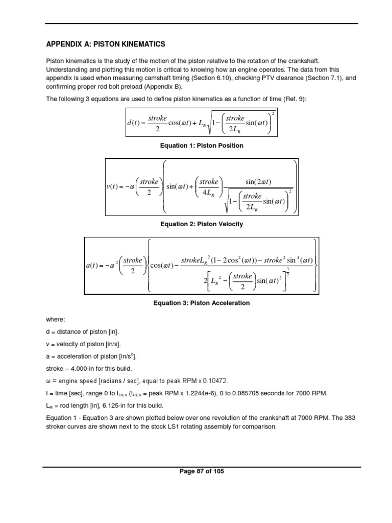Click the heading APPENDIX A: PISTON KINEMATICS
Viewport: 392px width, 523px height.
[x=106, y=44]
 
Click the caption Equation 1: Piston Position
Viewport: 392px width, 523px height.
[x=202, y=146]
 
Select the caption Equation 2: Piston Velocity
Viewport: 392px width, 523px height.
[x=202, y=224]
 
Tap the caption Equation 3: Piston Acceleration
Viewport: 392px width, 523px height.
[x=202, y=303]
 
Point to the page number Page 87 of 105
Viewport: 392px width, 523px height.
[x=202, y=471]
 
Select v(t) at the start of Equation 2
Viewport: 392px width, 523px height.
[x=116, y=186]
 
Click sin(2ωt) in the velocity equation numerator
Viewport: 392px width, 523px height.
[x=258, y=182]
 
